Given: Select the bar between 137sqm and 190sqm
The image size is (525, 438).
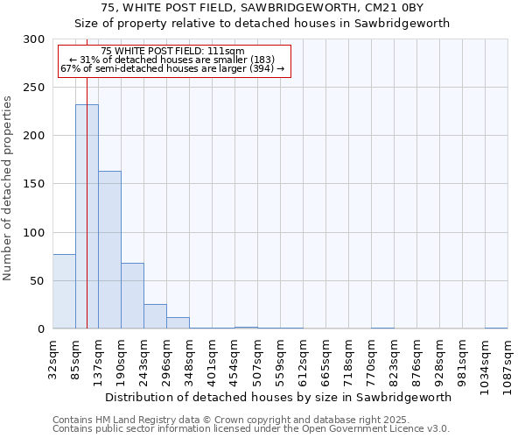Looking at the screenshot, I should [109, 250].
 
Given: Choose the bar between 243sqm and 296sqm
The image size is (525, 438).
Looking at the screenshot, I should [155, 316].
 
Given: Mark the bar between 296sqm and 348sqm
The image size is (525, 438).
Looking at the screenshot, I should [178, 322].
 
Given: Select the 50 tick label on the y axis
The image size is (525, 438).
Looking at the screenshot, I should [37, 281].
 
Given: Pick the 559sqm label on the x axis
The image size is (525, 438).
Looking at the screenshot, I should [280, 359].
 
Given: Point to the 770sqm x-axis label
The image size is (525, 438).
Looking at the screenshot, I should [371, 359].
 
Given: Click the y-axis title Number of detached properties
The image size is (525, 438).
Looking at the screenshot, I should [8, 188].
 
